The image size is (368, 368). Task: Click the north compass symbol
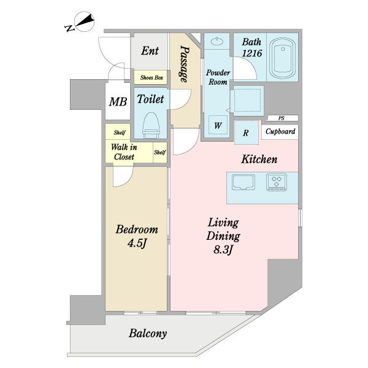82,22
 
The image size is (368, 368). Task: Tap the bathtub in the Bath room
283,58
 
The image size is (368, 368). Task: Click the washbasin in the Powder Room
217,42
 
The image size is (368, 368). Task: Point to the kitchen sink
243,182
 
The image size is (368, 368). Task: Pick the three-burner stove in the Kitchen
277,182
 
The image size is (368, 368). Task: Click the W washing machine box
218,125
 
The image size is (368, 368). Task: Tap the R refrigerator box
247,133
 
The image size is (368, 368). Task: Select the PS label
282,118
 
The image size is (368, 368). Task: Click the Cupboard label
280,131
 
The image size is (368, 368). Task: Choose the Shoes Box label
151,77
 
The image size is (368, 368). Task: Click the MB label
118,102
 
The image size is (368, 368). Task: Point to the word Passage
185,64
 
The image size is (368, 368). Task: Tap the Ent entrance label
150,51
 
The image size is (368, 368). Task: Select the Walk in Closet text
124,152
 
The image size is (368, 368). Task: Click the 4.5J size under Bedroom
137,243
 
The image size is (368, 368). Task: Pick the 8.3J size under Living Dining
223,250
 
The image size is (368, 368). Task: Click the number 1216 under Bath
252,53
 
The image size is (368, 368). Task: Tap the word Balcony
148,334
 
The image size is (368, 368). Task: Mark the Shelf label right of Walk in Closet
160,152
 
